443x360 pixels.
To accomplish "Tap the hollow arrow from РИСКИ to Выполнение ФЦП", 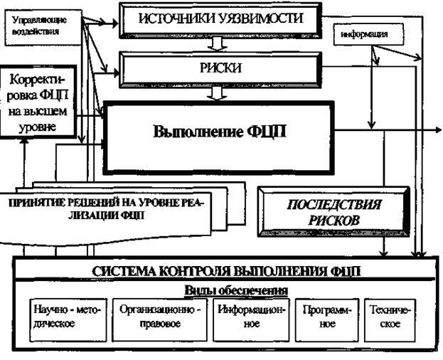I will pos(220,93).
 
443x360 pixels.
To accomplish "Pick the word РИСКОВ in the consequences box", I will pos(334,221).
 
